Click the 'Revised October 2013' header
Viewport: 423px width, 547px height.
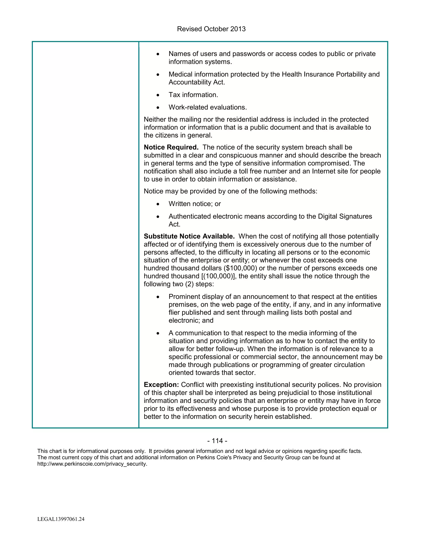[211, 29]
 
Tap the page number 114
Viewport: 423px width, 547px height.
[217, 441]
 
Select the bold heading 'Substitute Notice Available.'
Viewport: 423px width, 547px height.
[189, 236]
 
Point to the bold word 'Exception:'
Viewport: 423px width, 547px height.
[161, 385]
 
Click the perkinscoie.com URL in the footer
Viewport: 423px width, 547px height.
[92, 464]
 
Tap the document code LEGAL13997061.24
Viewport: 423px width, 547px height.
[61, 519]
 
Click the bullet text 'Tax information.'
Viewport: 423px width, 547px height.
[193, 95]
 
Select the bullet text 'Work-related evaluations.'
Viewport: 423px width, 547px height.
[208, 108]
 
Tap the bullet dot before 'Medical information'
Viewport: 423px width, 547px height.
[158, 75]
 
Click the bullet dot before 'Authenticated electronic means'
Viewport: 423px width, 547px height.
[158, 217]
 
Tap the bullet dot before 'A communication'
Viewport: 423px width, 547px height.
[158, 333]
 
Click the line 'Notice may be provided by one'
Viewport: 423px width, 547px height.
[230, 191]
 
